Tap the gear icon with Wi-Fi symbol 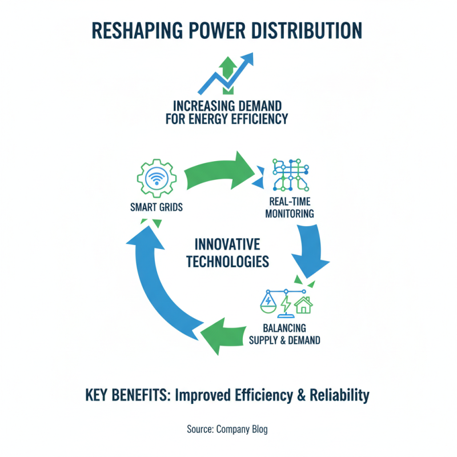157,178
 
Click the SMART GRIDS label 157,207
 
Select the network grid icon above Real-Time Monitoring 290,174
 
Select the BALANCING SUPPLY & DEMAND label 284,334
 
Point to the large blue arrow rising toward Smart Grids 151,286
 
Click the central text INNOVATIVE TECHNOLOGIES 228,253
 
